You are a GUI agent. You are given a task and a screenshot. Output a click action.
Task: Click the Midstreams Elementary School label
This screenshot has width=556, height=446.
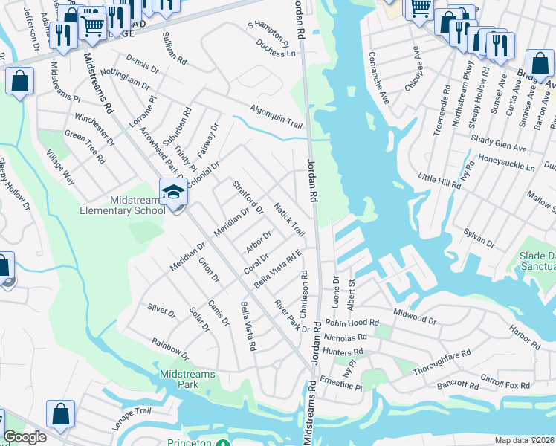pos(123,205)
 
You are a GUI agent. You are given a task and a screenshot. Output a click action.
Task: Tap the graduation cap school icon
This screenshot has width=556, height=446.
pos(173,193)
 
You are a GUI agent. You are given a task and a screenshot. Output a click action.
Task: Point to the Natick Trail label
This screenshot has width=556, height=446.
pos(290,216)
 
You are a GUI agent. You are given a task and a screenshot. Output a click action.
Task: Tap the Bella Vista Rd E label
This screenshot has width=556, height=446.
pos(277,269)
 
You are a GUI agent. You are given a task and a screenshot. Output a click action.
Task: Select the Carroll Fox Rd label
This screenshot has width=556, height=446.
pos(505,387)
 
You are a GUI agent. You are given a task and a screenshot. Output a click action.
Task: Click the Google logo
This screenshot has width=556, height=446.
pos(25,437)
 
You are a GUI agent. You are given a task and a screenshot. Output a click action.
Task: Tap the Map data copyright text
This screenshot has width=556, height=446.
pos(525,440)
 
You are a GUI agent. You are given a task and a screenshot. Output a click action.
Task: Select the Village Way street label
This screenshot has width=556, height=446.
pos(61,167)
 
